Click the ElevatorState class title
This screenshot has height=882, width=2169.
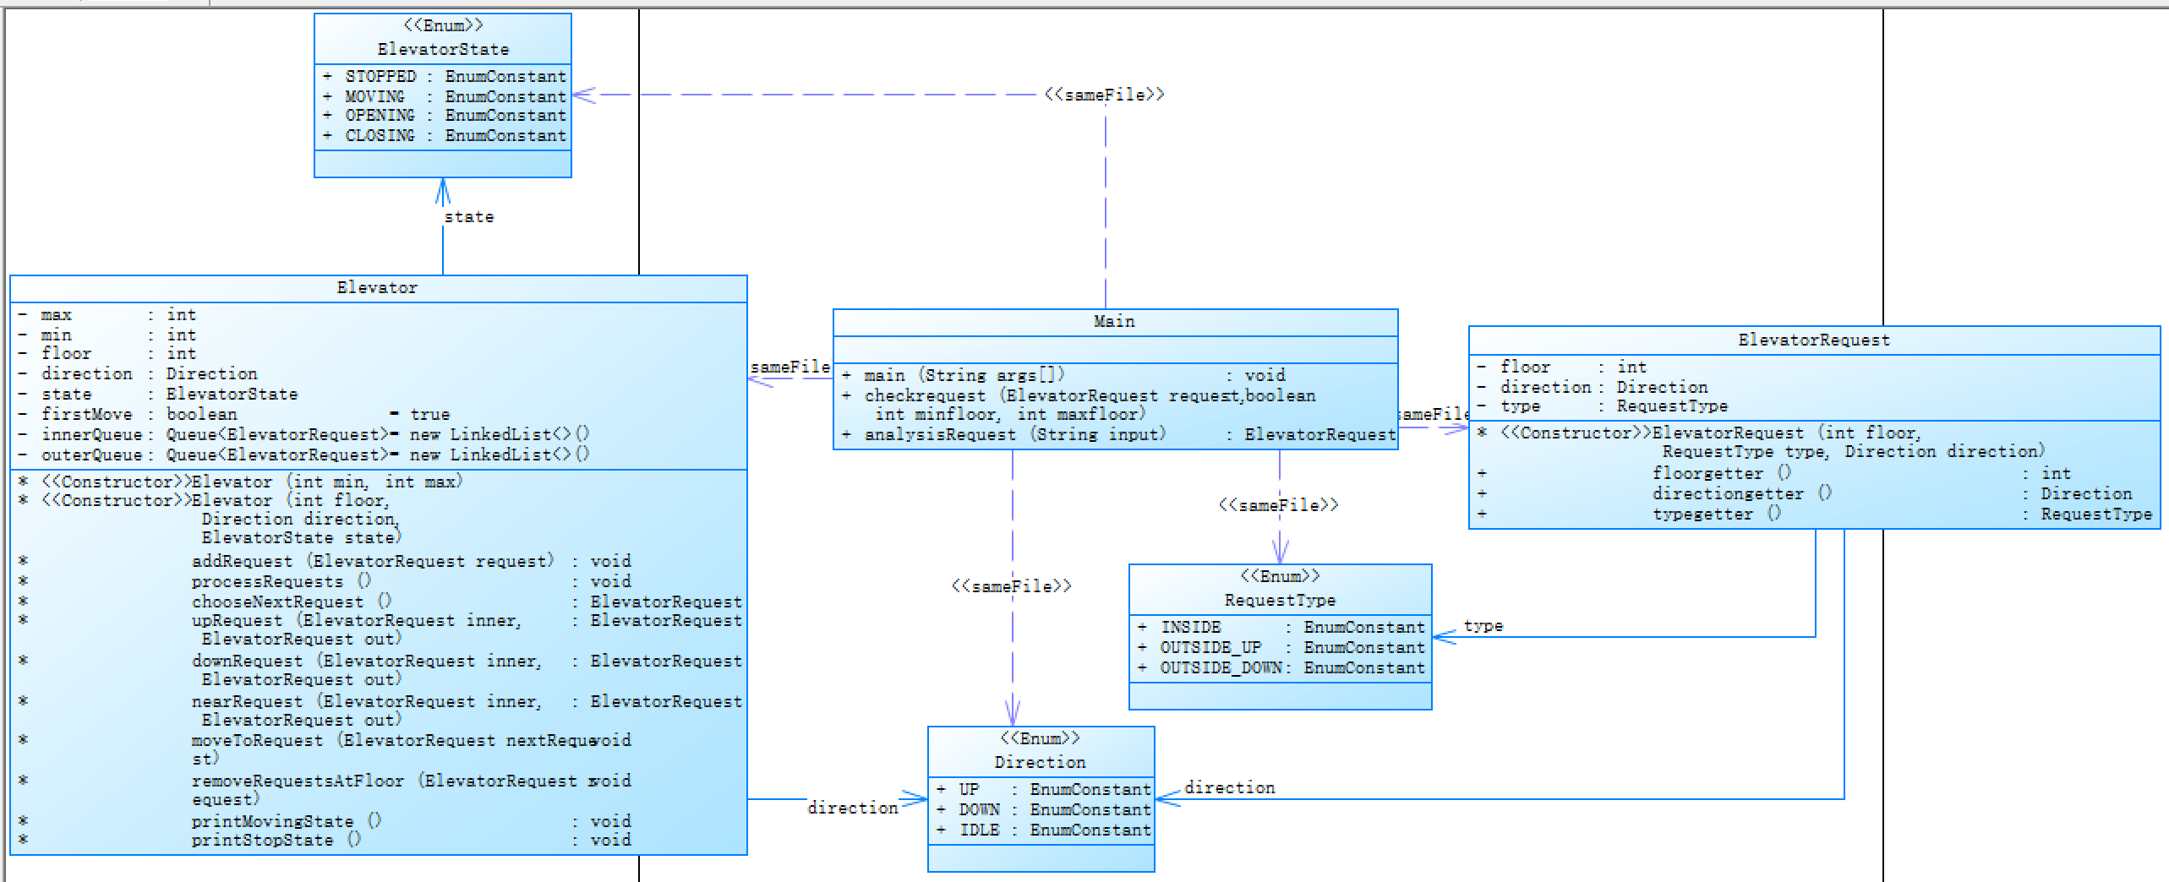pos(443,50)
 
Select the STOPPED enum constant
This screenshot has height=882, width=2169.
pos(380,77)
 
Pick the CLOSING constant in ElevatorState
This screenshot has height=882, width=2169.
pos(380,136)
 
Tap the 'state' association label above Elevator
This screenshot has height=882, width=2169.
pos(469,217)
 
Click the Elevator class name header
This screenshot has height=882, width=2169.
pos(377,288)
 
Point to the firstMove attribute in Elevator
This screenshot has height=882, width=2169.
pos(87,415)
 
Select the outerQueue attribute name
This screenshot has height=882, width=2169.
pos(92,455)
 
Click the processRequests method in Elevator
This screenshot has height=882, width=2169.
pos(267,582)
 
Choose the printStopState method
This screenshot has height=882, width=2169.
pos(262,841)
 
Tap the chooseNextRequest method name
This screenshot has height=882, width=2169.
pos(277,602)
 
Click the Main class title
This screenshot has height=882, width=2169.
pos(1114,322)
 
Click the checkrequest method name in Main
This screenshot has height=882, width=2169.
pos(925,396)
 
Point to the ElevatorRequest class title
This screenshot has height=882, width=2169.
pos(1813,340)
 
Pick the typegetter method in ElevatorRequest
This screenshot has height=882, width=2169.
pos(1702,514)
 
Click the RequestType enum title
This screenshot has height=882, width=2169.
pos(1280,601)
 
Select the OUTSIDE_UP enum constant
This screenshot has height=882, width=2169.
pos(1210,648)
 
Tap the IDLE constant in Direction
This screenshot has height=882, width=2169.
pos(979,830)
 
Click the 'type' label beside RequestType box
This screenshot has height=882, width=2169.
pos(1483,626)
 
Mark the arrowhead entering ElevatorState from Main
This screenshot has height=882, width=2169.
pos(583,95)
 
